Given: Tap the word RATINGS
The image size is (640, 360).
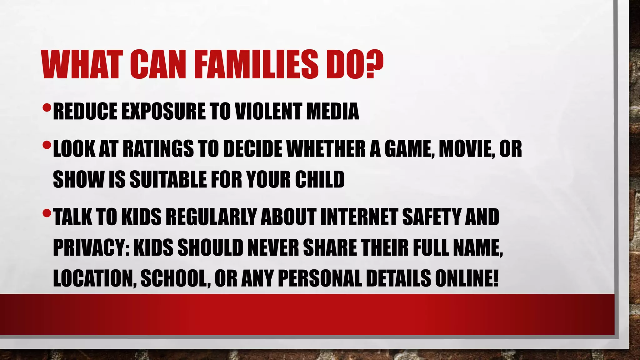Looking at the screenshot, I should tap(158, 149).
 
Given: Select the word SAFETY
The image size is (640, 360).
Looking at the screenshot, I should tap(431, 217).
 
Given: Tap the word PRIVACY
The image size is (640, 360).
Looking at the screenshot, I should tap(91, 247).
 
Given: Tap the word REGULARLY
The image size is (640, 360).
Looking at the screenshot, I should tap(211, 217).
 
